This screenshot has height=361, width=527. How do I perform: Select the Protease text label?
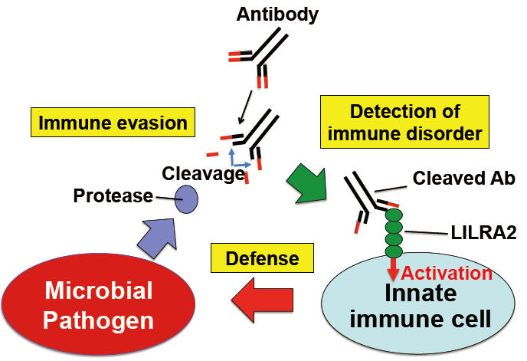[x=113, y=196]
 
